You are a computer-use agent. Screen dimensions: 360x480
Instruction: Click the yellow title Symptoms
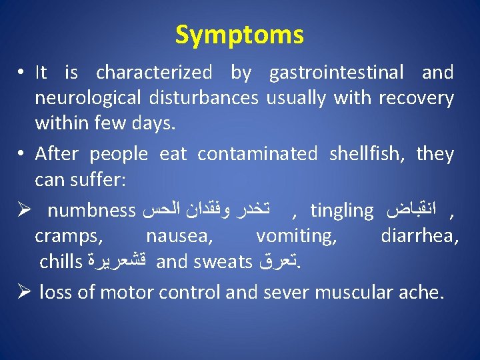pyautogui.click(x=239, y=35)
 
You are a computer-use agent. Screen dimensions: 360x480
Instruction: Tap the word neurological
pyautogui.click(x=87, y=99)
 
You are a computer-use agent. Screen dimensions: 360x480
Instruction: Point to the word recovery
pyautogui.click(x=416, y=99)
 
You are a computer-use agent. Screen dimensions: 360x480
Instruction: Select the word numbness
pyautogui.click(x=92, y=211)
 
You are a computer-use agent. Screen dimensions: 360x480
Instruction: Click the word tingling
pyautogui.click(x=342, y=211)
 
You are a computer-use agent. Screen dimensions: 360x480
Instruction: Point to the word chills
pyautogui.click(x=60, y=261)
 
